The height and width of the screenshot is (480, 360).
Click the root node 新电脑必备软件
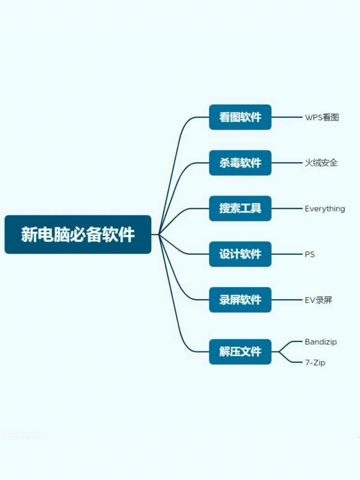coord(78,235)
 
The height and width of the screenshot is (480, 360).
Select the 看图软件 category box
coord(240,117)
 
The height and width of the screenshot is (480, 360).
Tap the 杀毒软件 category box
coord(240,163)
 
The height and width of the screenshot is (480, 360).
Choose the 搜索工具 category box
coord(240,209)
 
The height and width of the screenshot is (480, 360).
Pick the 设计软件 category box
coord(240,254)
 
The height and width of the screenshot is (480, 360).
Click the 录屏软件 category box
coord(240,300)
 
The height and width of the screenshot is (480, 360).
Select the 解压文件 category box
coord(240,352)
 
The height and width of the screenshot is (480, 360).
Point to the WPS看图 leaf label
coord(322,117)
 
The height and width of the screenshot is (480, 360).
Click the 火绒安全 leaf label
coord(321,163)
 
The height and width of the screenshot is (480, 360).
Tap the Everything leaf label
coord(325,209)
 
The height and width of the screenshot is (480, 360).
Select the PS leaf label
coord(309,255)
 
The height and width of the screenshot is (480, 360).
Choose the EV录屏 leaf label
coord(318,300)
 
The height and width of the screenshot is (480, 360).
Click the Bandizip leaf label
coord(321,342)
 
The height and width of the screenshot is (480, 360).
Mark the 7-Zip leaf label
coord(315,363)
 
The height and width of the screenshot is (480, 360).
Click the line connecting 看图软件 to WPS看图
coord(287,117)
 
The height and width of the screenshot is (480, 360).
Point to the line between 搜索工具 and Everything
coord(287,209)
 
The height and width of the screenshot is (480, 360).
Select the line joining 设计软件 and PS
coord(287,254)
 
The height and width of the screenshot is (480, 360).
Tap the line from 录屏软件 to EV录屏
coord(287,300)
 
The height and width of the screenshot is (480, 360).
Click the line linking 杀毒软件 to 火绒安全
coord(287,163)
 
